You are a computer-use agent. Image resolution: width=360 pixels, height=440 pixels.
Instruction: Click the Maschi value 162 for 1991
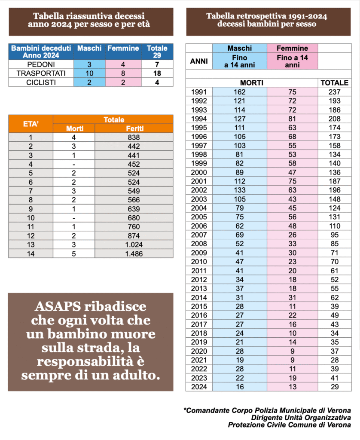click(x=240, y=92)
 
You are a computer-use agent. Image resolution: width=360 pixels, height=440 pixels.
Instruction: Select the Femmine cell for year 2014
click(x=293, y=297)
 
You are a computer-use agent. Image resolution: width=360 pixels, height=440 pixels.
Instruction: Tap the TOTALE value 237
click(x=335, y=92)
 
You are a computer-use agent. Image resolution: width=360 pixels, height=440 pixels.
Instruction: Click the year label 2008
click(x=199, y=244)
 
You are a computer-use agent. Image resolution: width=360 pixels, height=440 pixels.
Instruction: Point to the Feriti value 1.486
click(x=134, y=254)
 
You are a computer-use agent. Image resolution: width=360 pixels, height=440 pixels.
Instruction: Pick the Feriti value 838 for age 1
click(x=134, y=137)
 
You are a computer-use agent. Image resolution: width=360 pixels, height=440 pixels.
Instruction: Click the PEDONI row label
click(x=41, y=64)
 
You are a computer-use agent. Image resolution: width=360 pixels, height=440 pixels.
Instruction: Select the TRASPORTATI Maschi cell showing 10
click(x=89, y=73)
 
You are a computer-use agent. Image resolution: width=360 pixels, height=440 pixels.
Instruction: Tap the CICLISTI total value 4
click(x=157, y=82)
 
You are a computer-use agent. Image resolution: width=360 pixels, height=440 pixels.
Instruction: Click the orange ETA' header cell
click(x=31, y=124)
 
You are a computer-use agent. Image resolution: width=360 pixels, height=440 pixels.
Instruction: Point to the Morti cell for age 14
click(x=74, y=254)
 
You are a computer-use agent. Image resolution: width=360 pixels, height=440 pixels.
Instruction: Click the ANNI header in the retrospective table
click(x=199, y=61)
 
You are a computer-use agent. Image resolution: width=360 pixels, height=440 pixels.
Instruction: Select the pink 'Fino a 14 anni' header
click(x=293, y=61)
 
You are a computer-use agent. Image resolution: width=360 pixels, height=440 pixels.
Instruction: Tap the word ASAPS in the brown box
click(x=58, y=306)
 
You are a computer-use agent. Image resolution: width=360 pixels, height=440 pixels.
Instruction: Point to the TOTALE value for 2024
click(x=335, y=387)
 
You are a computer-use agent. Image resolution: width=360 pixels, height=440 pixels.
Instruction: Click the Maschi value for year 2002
click(x=240, y=190)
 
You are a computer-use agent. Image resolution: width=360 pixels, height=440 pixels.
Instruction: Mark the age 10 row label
click(x=31, y=218)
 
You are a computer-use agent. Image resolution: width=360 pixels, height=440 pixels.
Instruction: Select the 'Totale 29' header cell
click(x=157, y=52)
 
